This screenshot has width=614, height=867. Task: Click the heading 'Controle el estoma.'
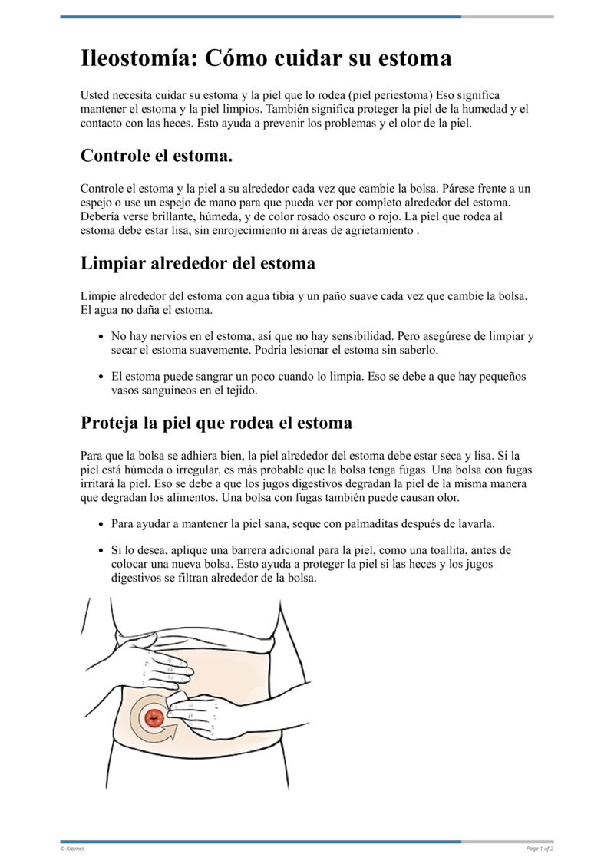(x=156, y=156)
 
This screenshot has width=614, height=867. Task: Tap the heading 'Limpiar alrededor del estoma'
(x=197, y=263)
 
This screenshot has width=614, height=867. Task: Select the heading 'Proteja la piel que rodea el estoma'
(x=216, y=423)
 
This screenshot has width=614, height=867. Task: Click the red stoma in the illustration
(x=153, y=718)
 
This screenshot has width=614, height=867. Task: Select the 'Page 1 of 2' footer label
(x=540, y=849)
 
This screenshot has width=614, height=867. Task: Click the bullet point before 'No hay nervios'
(x=102, y=337)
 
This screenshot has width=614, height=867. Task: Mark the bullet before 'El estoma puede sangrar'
(x=102, y=377)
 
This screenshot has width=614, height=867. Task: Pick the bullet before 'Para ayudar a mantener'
(x=102, y=524)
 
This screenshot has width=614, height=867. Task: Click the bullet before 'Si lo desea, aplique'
(x=102, y=551)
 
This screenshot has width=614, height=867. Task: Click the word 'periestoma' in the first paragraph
(x=404, y=95)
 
